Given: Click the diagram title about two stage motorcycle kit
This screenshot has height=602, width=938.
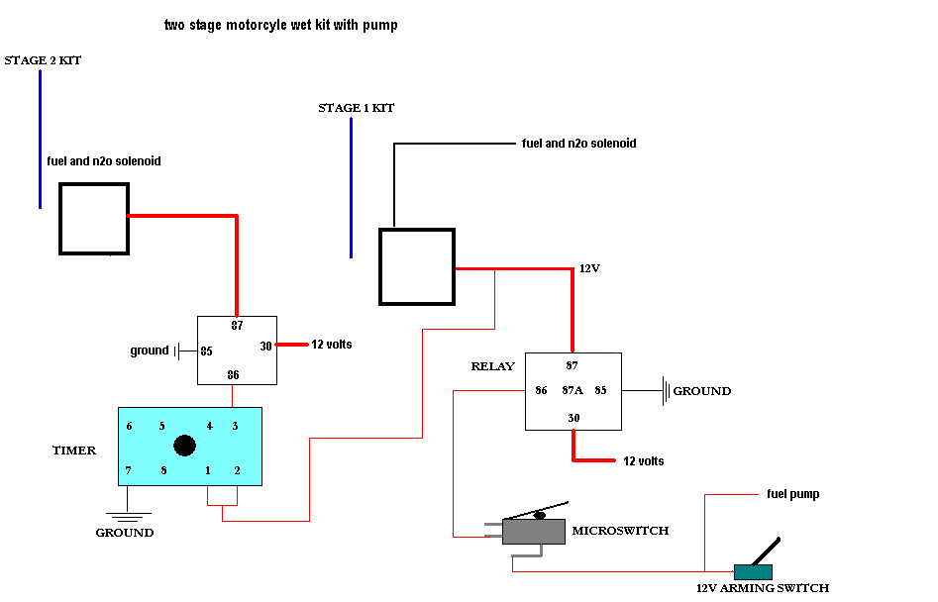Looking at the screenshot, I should [280, 25].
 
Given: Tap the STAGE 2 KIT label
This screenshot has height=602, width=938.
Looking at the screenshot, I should [43, 60].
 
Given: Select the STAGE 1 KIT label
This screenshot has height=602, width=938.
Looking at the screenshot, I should [356, 108].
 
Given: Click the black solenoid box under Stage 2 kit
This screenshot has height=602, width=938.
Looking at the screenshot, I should [94, 218].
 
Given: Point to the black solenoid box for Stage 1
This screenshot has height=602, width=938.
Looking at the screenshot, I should [416, 266].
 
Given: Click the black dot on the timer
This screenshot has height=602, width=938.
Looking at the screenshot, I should [184, 446].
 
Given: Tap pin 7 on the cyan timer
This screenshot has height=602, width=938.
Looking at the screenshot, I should [129, 469].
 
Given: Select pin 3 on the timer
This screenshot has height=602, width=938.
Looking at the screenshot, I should [235, 426].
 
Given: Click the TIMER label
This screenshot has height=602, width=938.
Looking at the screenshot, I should [74, 451].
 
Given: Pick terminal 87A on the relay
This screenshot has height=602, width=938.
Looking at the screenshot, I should [572, 390].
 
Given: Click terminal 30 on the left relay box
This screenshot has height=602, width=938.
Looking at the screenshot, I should [265, 346].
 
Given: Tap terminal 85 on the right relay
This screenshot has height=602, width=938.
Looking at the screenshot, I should [600, 390].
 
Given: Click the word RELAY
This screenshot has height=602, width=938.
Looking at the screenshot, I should [492, 366].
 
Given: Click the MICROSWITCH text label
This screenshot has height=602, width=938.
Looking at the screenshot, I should [620, 531].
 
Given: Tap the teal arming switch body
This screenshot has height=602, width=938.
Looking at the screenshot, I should [752, 571].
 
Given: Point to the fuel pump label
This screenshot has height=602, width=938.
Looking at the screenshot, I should [792, 493].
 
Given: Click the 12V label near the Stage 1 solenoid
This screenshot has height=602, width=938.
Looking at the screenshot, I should [590, 269].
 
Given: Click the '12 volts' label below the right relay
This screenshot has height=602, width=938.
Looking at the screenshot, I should [643, 461].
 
